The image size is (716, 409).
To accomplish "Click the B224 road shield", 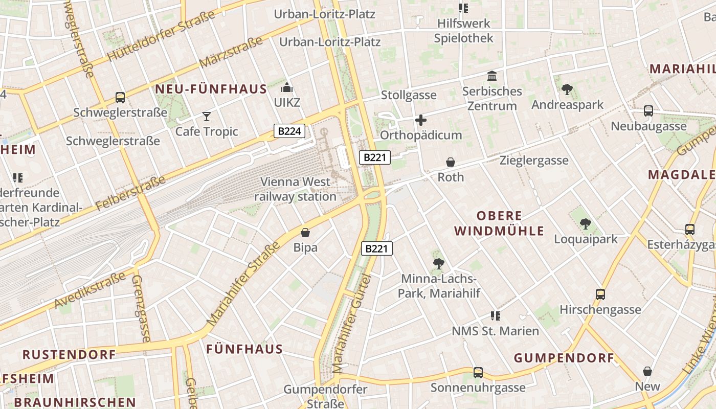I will [289, 131].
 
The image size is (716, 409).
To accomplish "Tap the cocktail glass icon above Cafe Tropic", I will [206, 117].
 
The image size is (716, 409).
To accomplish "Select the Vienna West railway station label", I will [296, 189].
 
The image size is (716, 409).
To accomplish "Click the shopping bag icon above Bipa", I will [305, 233].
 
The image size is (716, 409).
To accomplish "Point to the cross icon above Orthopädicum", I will [421, 120].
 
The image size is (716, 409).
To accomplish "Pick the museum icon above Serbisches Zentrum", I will [492, 76].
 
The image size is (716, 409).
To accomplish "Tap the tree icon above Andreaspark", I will [567, 90].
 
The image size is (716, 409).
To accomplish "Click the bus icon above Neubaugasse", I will [648, 110].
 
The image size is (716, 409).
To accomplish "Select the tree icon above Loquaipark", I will [586, 224].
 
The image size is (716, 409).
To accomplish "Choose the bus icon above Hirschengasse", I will [600, 294].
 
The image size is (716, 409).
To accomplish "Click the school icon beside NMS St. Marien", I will [495, 315].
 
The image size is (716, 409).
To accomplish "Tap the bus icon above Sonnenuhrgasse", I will [478, 372].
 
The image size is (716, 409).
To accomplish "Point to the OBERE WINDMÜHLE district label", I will [499, 223].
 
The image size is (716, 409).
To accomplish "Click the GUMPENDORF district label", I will [564, 358].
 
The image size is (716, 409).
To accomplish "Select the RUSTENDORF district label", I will [69, 354].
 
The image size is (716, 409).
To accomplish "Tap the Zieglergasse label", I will [534, 161].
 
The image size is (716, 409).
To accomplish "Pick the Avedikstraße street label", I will [89, 290].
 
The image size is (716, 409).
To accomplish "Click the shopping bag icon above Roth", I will [451, 162].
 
